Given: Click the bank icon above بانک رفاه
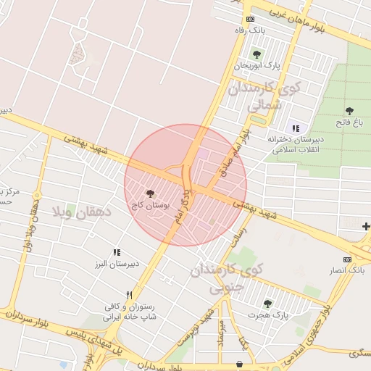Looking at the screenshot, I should pos(250,19).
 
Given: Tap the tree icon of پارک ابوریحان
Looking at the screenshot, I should pos(256,54).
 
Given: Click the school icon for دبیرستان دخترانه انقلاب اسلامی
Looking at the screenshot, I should pos(295,128).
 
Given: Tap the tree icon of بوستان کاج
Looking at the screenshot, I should pos(150,194).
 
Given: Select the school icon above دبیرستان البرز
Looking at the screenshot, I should pos(116,252).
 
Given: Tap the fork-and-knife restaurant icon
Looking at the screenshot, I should pos(129,295).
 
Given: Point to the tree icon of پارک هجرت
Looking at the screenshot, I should pos(267,304).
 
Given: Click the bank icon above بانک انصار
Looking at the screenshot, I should pos(347,259).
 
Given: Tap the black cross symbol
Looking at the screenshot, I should pos(366,227).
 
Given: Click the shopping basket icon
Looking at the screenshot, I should pos(240,364).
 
